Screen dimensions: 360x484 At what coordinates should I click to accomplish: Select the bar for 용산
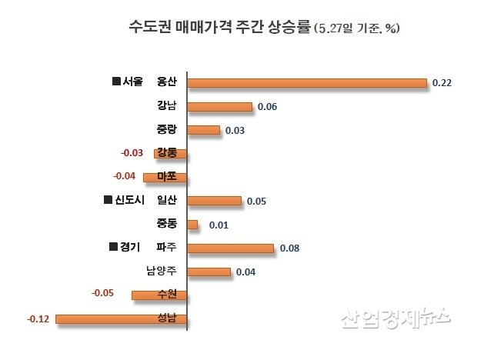tap(307, 82)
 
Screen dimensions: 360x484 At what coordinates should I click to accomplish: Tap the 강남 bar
tap(220, 106)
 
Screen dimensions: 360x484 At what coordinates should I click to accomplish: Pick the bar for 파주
tap(231, 248)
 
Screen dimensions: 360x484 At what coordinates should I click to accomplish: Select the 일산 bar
tap(215, 201)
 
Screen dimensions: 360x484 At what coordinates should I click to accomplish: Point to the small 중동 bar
tap(193, 225)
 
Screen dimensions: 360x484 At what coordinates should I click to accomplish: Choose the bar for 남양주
tap(209, 272)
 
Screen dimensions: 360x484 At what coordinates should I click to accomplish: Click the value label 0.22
tap(442, 82)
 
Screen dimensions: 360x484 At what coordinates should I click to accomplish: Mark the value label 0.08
tap(289, 248)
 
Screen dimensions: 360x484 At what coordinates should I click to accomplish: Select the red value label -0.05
tap(102, 293)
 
